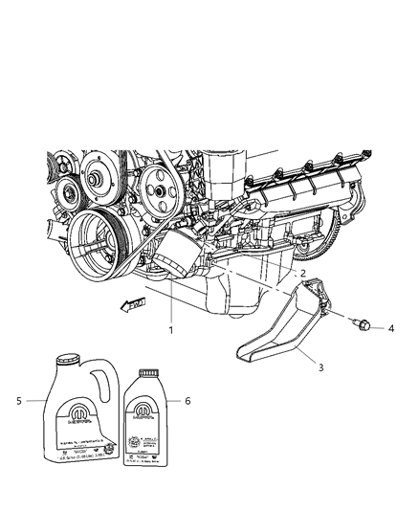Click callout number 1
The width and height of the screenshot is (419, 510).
pyautogui.click(x=170, y=331)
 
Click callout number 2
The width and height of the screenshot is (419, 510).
pyautogui.click(x=303, y=274)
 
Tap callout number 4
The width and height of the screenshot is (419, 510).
pyautogui.click(x=391, y=328)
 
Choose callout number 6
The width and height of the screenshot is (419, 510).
pyautogui.click(x=188, y=401)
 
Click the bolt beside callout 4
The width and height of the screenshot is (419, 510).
pyautogui.click(x=364, y=325)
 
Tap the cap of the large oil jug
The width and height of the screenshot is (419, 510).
pyautogui.click(x=66, y=359)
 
